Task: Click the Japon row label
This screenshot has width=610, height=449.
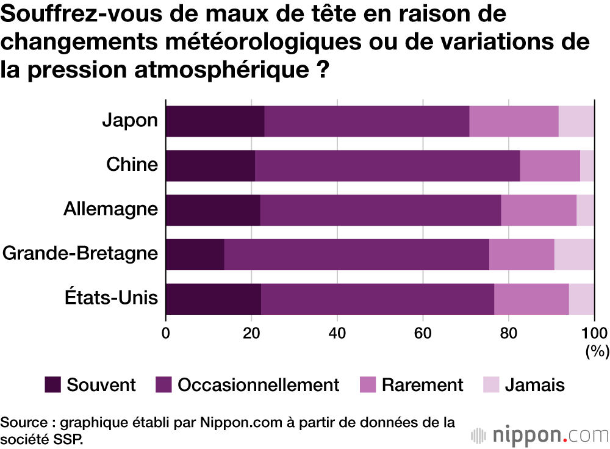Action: [x=129, y=121]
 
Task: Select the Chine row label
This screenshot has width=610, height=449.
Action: [x=132, y=165]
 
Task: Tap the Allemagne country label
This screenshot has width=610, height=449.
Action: [x=110, y=209]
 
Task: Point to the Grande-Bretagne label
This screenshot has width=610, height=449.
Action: [x=81, y=254]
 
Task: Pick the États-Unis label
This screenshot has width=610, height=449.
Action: [x=112, y=298]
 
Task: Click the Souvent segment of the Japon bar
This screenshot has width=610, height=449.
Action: [x=215, y=121]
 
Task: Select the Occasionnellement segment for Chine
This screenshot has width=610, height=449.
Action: [x=387, y=165]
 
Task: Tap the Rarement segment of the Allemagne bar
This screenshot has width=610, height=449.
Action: [x=539, y=210]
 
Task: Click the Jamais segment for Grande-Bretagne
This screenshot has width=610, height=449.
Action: [x=574, y=254]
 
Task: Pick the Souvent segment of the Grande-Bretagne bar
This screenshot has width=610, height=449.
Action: [x=195, y=254]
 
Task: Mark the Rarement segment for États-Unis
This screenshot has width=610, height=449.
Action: [x=531, y=299]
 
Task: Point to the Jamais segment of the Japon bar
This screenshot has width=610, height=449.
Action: [x=576, y=121]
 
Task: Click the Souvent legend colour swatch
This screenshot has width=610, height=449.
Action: [x=53, y=384]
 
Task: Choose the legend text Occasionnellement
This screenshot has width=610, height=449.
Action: [x=258, y=385]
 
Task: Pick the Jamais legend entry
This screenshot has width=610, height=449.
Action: [x=534, y=385]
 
